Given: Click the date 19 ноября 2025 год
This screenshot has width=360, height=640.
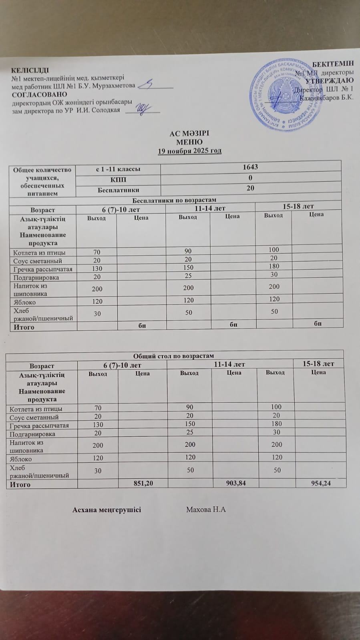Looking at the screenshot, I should click(x=189, y=151).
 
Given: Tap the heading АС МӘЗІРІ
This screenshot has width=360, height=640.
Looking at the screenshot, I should click(x=189, y=134).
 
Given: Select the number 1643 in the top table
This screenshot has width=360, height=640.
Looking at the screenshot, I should click(x=251, y=167).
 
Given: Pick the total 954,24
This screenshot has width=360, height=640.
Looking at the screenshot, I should click(x=321, y=484).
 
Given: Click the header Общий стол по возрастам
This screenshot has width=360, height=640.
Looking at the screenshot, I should click(x=173, y=355).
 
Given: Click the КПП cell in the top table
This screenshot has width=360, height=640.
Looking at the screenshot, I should click(x=118, y=179).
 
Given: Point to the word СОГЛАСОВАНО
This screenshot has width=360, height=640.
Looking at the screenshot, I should click(x=39, y=95).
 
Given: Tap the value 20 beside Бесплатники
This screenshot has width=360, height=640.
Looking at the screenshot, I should click(x=251, y=188).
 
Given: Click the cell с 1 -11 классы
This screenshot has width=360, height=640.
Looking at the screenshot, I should click(x=118, y=169).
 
